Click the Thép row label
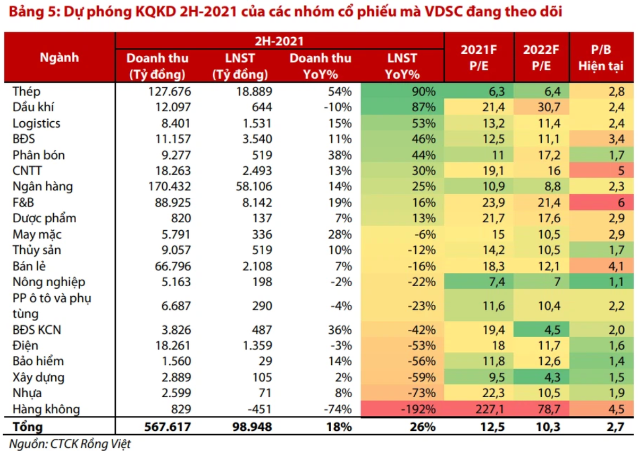point(27,91)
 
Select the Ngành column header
point(59,57)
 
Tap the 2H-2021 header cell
point(280,40)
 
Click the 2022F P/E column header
point(541,57)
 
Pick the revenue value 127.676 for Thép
point(170,91)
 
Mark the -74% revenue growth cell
point(337,409)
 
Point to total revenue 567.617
point(166,427)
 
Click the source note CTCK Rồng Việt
point(70,444)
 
